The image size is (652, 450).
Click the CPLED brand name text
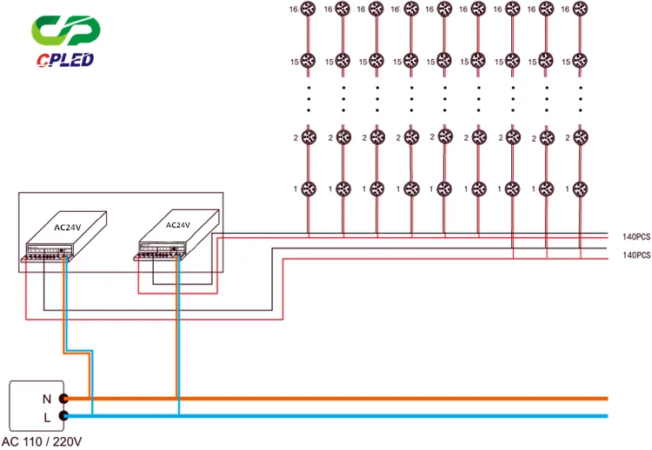click(66, 60)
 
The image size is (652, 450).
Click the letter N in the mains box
click(47, 399)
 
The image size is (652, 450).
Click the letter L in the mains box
click(47, 416)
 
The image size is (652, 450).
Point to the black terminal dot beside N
click(63, 399)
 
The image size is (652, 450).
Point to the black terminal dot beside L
click(63, 416)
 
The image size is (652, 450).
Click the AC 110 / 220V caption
click(42, 441)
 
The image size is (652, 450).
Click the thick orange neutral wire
click(348, 399)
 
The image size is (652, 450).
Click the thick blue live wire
click(348, 416)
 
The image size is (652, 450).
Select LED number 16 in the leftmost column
click(309, 10)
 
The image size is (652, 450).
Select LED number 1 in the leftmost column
click(309, 189)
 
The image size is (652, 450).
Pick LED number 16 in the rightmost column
click(580, 10)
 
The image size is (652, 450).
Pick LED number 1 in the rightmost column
click(580, 189)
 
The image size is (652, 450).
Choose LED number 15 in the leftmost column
click(309, 62)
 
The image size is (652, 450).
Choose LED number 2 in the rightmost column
click(580, 137)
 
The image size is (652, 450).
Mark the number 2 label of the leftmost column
click(295, 137)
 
